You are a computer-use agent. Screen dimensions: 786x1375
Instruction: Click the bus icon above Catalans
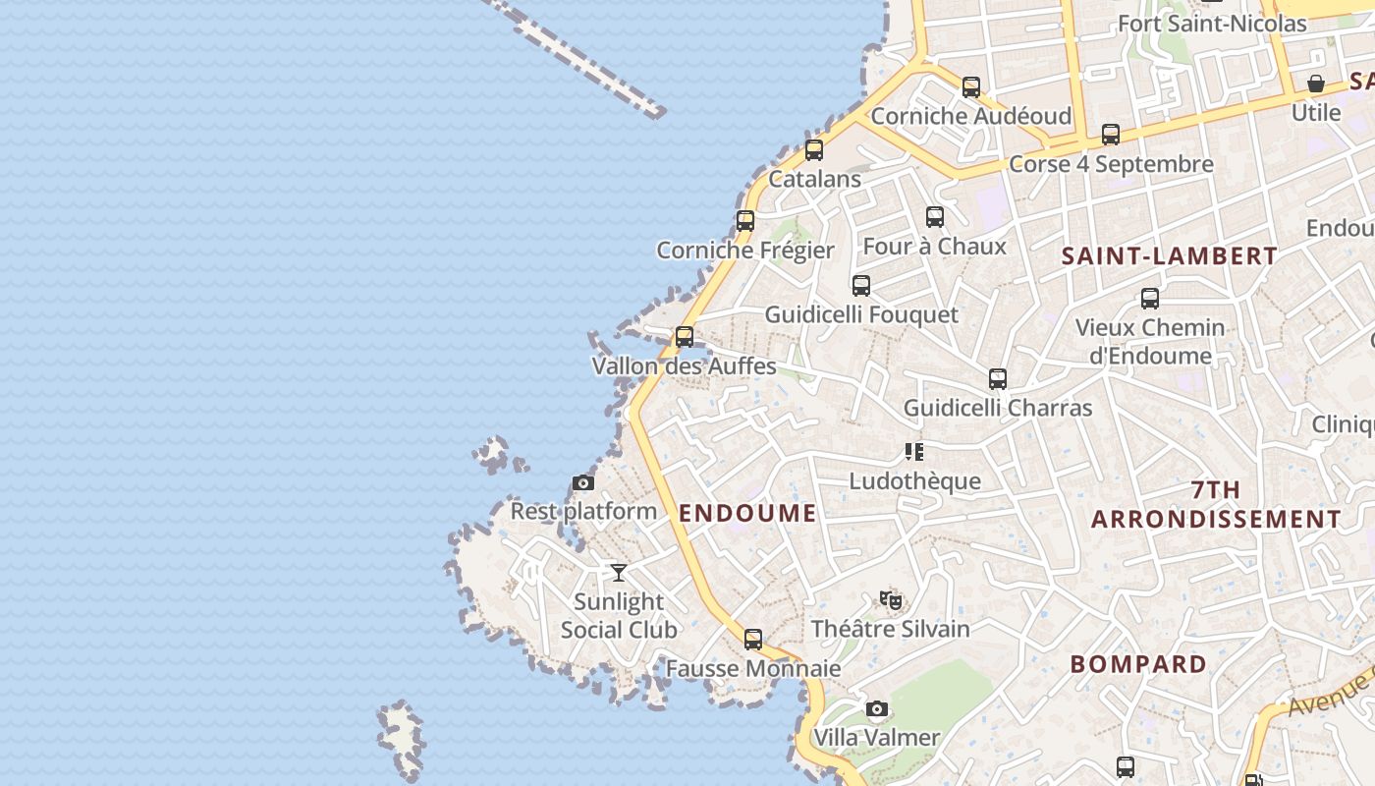[813, 150]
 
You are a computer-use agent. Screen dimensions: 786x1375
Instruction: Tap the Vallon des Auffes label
[684, 366]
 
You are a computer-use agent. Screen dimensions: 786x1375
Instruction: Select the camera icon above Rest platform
[582, 482]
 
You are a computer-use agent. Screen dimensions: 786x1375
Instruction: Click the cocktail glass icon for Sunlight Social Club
[619, 572]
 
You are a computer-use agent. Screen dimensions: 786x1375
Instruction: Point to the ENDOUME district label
[747, 513]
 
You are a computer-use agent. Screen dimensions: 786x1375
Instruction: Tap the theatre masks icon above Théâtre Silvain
[891, 599]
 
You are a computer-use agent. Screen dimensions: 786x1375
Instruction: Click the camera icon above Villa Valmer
[877, 708]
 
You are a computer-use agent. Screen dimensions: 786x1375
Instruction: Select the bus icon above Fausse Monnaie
[753, 640]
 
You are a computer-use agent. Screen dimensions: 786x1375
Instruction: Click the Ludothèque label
[914, 480]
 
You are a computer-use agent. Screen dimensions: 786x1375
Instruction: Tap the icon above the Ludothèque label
[914, 452]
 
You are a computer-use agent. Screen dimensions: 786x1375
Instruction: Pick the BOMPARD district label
[1138, 664]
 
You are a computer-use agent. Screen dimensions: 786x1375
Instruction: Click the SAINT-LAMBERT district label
[1170, 256]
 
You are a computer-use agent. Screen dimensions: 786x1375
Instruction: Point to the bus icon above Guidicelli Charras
[998, 379]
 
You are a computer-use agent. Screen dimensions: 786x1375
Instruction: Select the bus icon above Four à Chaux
[935, 217]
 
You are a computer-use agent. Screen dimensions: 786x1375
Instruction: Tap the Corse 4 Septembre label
[1111, 164]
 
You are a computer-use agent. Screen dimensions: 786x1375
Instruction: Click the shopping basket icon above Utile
[1315, 84]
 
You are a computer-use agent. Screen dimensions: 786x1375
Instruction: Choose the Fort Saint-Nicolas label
[1212, 23]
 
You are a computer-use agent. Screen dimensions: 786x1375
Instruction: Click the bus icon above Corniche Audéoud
[971, 87]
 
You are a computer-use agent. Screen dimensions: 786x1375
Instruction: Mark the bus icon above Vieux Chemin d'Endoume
[1150, 299]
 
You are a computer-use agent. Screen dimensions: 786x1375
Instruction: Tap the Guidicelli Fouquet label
[861, 314]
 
